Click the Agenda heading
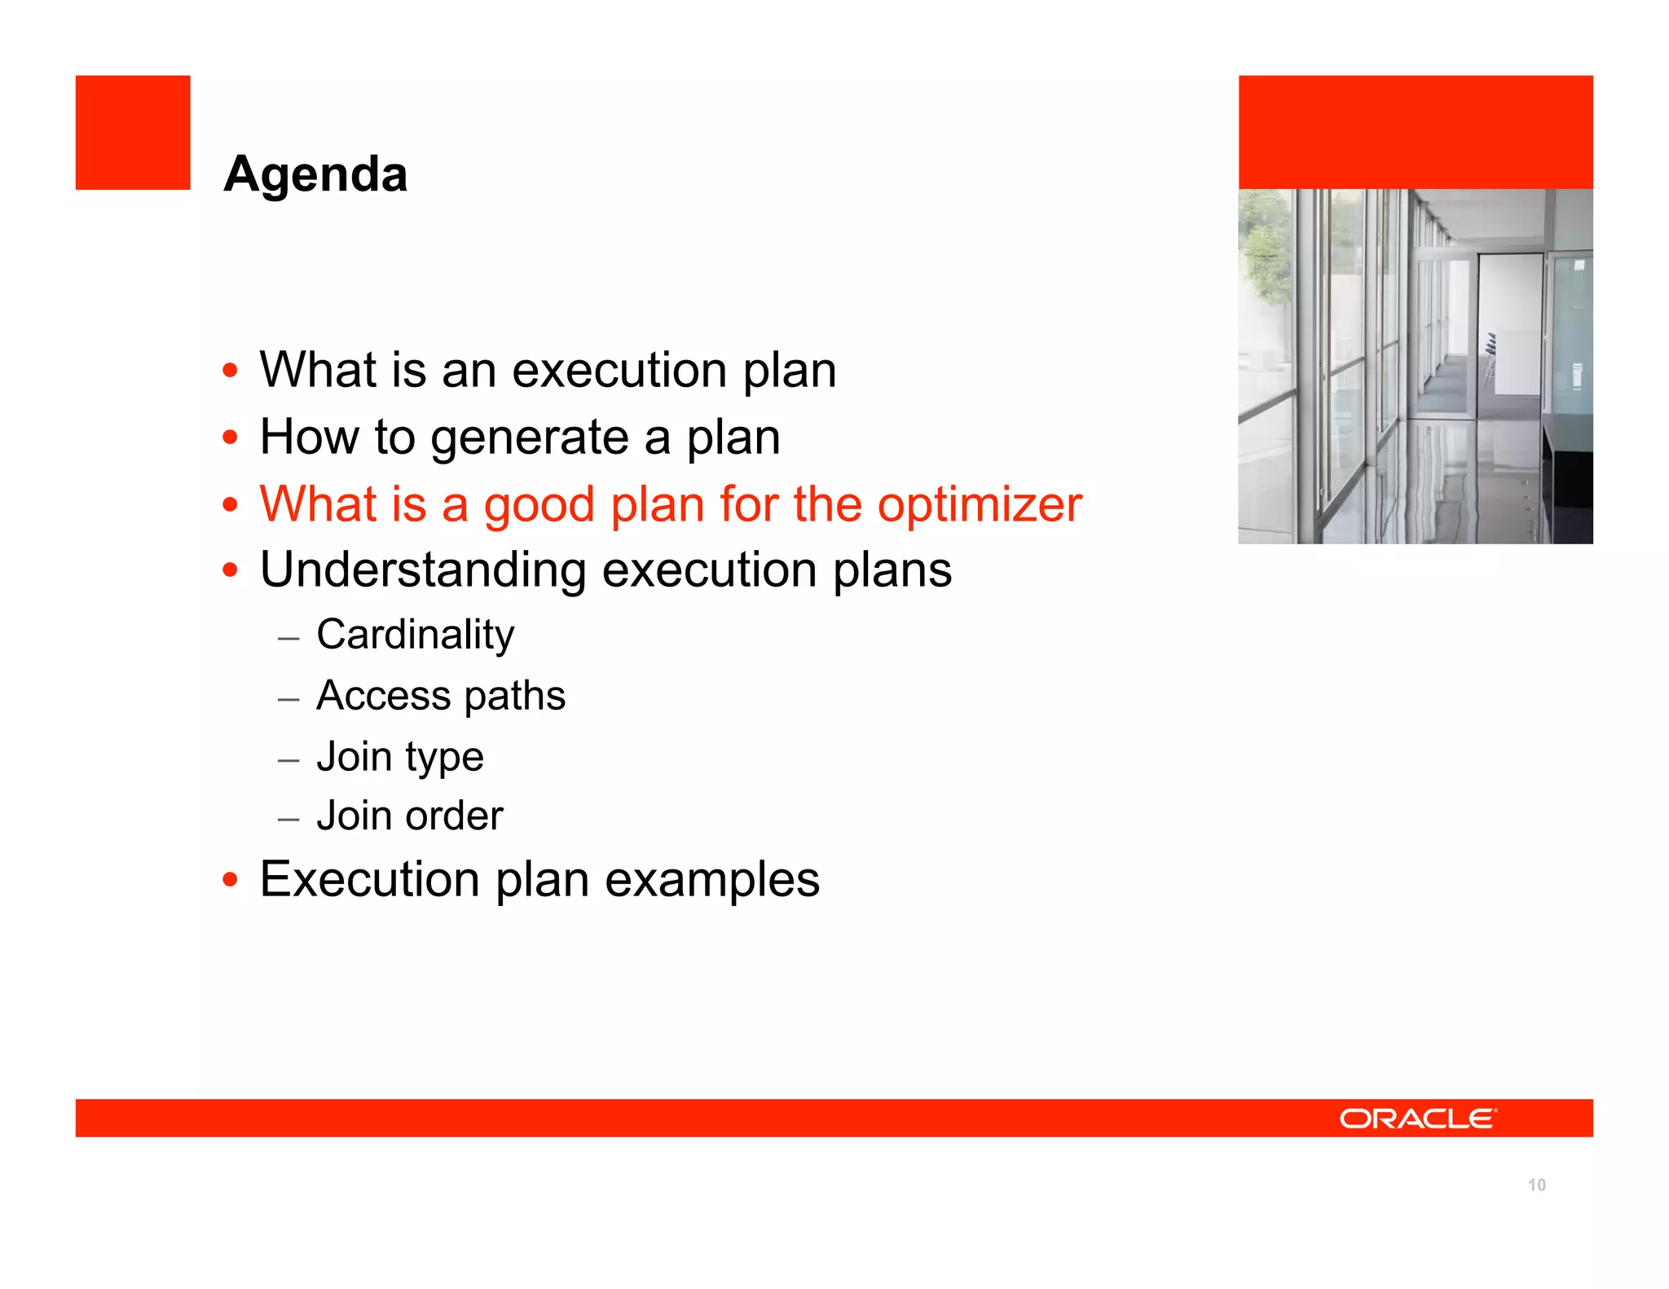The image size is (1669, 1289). [x=315, y=174]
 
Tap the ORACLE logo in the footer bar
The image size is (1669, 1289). [x=1417, y=1119]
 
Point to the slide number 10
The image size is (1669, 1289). [x=1536, y=1185]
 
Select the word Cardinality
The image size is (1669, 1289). [x=415, y=635]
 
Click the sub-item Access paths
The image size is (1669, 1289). [x=440, y=696]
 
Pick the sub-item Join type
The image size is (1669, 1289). [x=399, y=757]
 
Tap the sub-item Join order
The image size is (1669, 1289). [x=409, y=816]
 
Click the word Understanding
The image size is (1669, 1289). [x=422, y=570]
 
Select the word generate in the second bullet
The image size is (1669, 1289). [x=529, y=438]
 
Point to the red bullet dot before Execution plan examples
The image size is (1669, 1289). [x=231, y=880]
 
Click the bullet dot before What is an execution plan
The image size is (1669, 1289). [x=231, y=371]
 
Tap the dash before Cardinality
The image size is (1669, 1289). [x=288, y=638]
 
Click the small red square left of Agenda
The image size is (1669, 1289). [x=133, y=133]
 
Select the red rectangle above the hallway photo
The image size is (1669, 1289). [x=1415, y=132]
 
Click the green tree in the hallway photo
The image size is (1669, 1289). [x=1266, y=253]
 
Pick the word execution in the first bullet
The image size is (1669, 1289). [x=619, y=371]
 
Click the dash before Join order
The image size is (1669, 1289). [x=288, y=819]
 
